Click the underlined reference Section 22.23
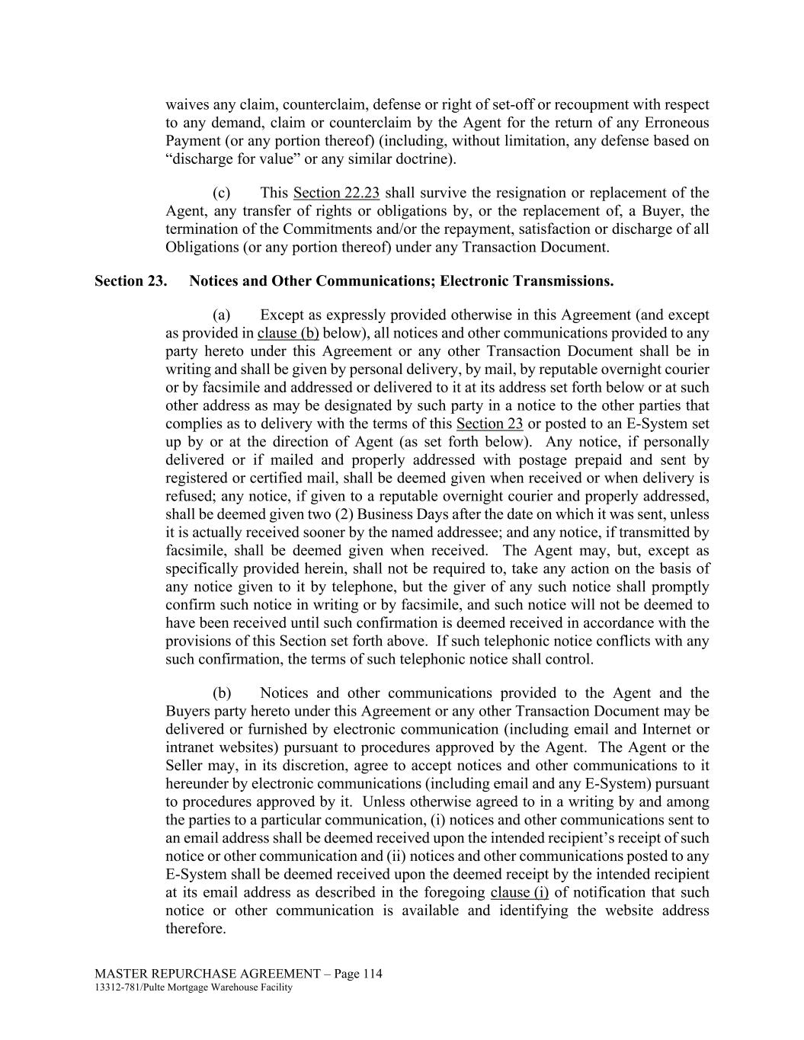pyautogui.click(x=336, y=193)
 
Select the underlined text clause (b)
pyautogui.click(x=288, y=333)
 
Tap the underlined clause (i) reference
pyautogui.click(x=519, y=892)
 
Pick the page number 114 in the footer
pyautogui.click(x=371, y=974)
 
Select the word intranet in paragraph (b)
pyautogui.click(x=190, y=747)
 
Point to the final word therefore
pyautogui.click(x=195, y=929)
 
